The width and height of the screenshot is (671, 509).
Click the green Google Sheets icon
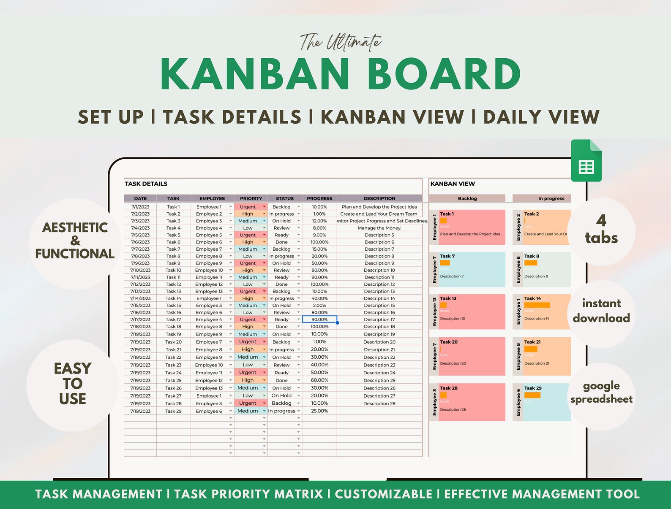(x=586, y=162)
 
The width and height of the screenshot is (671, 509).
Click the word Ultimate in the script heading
(x=354, y=43)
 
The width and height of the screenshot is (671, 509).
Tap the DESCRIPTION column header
(x=379, y=198)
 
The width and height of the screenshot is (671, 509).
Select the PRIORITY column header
(x=251, y=198)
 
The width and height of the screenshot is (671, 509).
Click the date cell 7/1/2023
(x=140, y=207)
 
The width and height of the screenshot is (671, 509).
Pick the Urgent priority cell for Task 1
(x=248, y=207)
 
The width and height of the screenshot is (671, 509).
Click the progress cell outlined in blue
(x=319, y=319)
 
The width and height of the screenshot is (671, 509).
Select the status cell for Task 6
(x=282, y=242)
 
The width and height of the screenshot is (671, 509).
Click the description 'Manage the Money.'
(x=379, y=228)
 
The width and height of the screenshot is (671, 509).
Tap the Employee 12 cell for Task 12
(x=209, y=284)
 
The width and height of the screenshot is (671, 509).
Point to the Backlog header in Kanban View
(x=467, y=198)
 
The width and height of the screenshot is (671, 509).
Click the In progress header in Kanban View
(x=551, y=198)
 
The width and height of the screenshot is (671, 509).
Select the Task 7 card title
(x=447, y=256)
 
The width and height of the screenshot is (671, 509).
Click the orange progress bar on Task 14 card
(x=537, y=305)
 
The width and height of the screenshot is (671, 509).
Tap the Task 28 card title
(x=448, y=388)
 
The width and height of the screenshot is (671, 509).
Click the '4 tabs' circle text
(x=601, y=230)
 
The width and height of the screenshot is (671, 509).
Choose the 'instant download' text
(x=601, y=311)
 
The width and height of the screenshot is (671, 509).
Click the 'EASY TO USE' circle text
(x=73, y=384)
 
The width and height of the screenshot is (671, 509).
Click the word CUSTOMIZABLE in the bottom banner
(x=383, y=494)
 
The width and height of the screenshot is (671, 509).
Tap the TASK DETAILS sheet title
(x=146, y=184)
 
